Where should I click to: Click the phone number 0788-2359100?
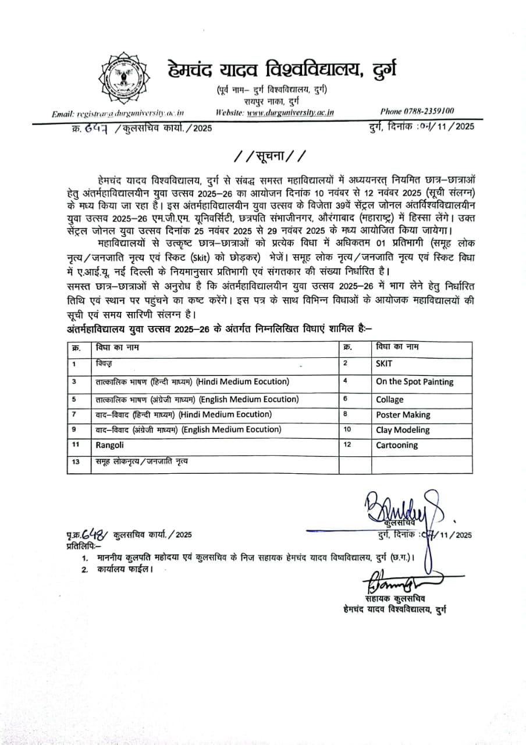[x=417, y=111]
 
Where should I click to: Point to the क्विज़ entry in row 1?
[x=104, y=364]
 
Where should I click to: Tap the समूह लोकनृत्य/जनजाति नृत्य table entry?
[x=142, y=462]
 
